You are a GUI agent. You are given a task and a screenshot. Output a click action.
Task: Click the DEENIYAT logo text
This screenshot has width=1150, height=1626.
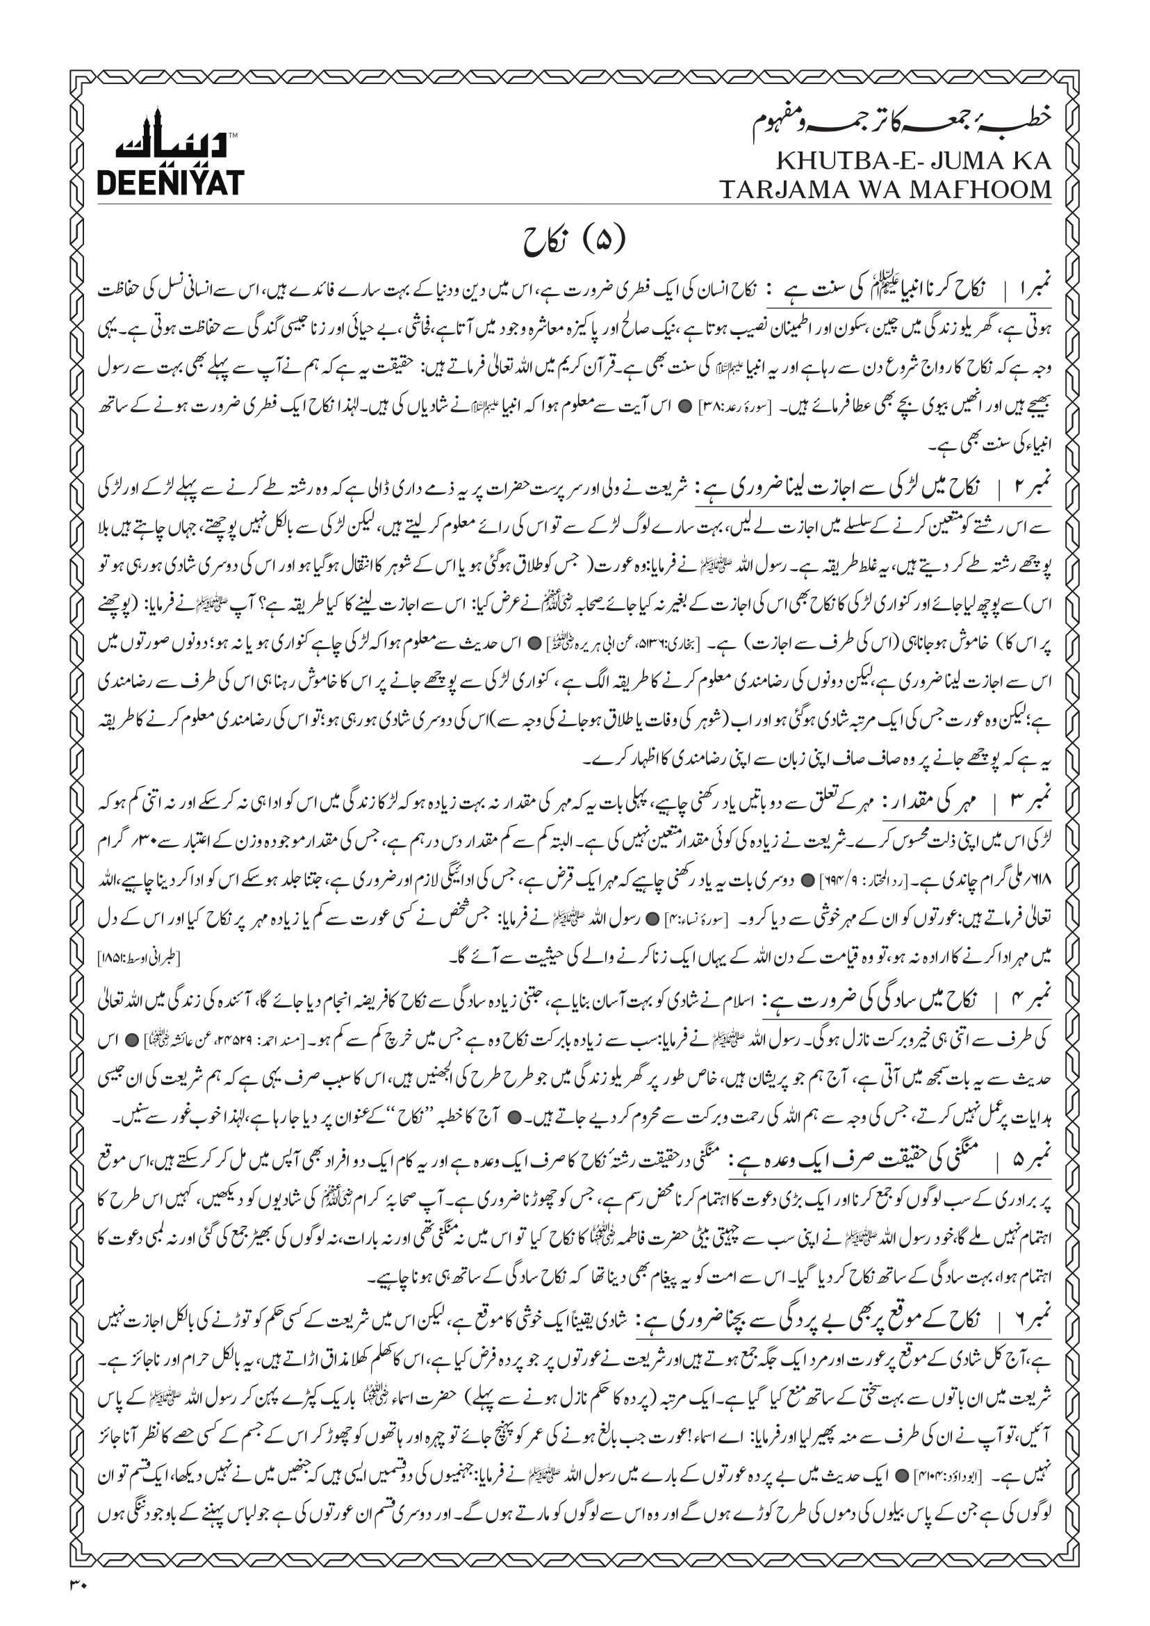tap(170, 182)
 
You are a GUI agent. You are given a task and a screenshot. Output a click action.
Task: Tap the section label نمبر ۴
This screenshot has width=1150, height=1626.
tap(1031, 999)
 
